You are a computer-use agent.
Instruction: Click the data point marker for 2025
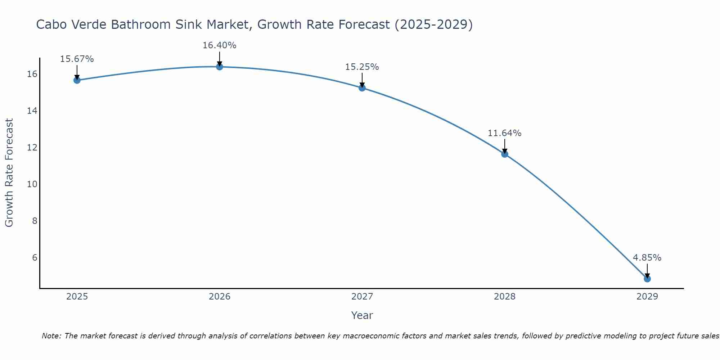77,80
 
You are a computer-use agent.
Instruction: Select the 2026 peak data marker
220,67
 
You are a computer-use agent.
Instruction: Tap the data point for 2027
362,88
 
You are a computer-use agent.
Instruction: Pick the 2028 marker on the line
505,154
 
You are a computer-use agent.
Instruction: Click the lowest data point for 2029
647,279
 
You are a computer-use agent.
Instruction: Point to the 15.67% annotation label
77,59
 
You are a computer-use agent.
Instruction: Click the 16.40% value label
219,45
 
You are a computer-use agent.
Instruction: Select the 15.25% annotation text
362,67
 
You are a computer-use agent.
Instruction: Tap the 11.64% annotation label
504,133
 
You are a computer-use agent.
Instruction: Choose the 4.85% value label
647,258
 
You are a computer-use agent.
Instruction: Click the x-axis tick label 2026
220,297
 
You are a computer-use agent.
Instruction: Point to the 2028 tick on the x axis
505,297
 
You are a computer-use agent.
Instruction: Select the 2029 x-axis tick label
647,297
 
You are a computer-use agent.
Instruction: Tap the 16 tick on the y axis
32,74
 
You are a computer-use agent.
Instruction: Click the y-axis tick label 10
32,184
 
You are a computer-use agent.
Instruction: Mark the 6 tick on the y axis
35,258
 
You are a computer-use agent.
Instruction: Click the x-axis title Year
362,315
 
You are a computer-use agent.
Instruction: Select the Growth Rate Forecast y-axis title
9,173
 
